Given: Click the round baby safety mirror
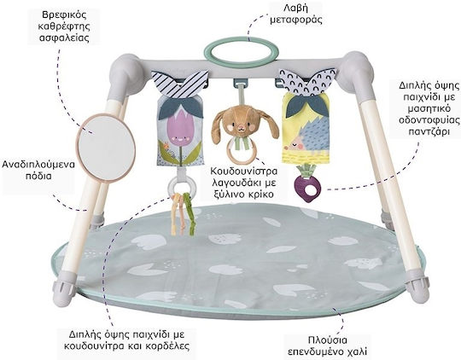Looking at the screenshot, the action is coord(106,148).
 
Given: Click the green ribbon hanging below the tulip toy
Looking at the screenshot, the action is coord(190,214).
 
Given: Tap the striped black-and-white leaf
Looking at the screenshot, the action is coord(180,84).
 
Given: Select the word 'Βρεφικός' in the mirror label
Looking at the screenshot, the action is coord(64,15).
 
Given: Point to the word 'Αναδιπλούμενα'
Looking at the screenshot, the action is coord(38,164).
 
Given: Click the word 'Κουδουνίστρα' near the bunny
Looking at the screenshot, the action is coord(244,171).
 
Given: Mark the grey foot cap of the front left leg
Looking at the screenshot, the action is coord(64,292).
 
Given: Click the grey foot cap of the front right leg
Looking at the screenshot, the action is coord(417,289).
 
